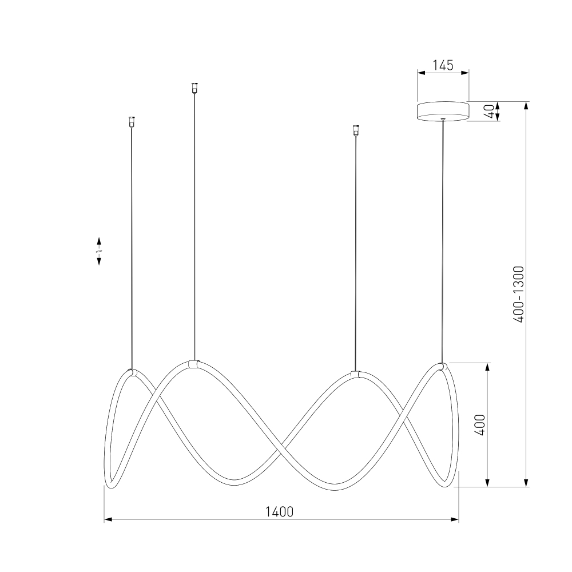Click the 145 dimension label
(443, 65)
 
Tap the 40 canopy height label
(491, 112)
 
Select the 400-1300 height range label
(518, 295)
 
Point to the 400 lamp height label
(480, 425)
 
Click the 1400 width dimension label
(279, 512)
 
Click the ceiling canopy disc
(443, 112)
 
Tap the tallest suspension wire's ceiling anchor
(194, 88)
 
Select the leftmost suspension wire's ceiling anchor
(132, 121)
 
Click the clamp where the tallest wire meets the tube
(194, 364)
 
